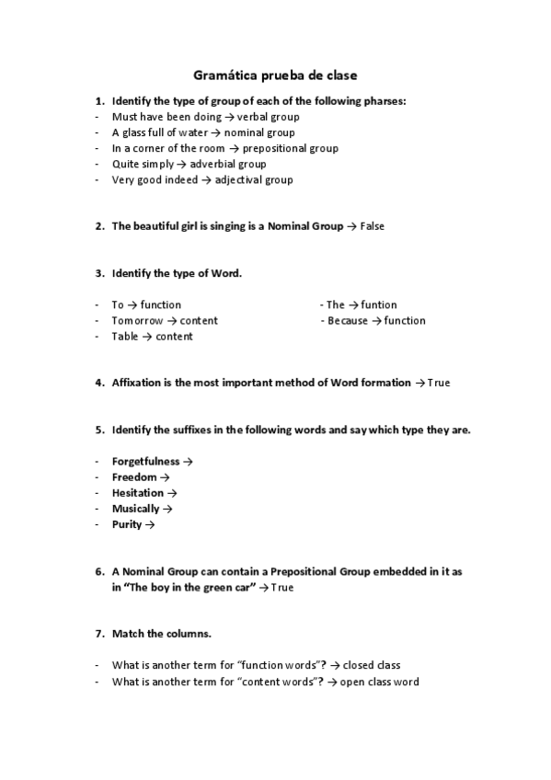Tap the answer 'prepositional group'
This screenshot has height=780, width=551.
click(x=290, y=148)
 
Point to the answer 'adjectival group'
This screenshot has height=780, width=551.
click(x=254, y=179)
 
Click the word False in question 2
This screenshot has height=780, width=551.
click(x=372, y=226)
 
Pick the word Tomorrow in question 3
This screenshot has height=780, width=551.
click(x=137, y=320)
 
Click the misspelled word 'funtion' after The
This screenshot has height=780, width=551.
click(x=379, y=304)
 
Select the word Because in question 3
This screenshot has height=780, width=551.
click(x=348, y=320)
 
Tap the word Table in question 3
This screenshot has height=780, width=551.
click(x=125, y=336)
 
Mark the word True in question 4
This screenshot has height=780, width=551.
click(x=439, y=383)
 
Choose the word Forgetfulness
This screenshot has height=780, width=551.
click(x=145, y=461)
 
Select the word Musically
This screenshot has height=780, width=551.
click(x=135, y=509)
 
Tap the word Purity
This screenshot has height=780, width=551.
click(x=127, y=524)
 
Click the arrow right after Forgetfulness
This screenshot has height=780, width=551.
click(x=188, y=462)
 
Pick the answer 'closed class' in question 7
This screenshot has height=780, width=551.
click(x=372, y=665)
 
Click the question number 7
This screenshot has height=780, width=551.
click(x=98, y=634)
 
